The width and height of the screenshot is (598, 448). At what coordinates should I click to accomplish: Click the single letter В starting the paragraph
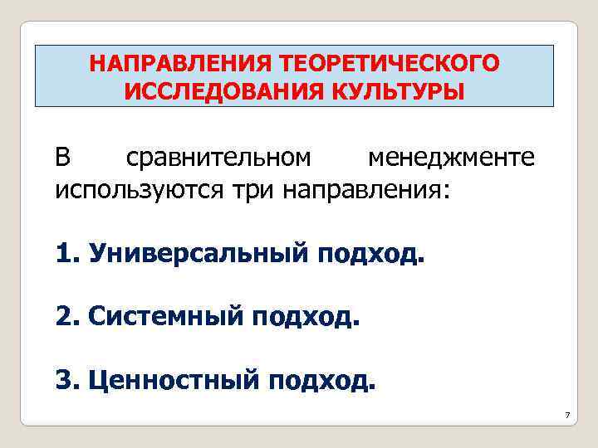pyautogui.click(x=63, y=157)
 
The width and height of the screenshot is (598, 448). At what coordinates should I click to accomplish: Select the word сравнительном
pyautogui.click(x=218, y=157)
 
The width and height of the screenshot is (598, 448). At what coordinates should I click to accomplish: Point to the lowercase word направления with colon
pyautogui.click(x=367, y=189)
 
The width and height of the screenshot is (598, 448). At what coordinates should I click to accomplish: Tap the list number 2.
pyautogui.click(x=65, y=315)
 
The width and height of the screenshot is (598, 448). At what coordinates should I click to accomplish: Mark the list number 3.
pyautogui.click(x=65, y=380)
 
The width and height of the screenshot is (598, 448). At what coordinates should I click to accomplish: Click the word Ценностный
pyautogui.click(x=173, y=380)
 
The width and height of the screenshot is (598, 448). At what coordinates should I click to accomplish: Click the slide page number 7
pyautogui.click(x=566, y=414)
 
